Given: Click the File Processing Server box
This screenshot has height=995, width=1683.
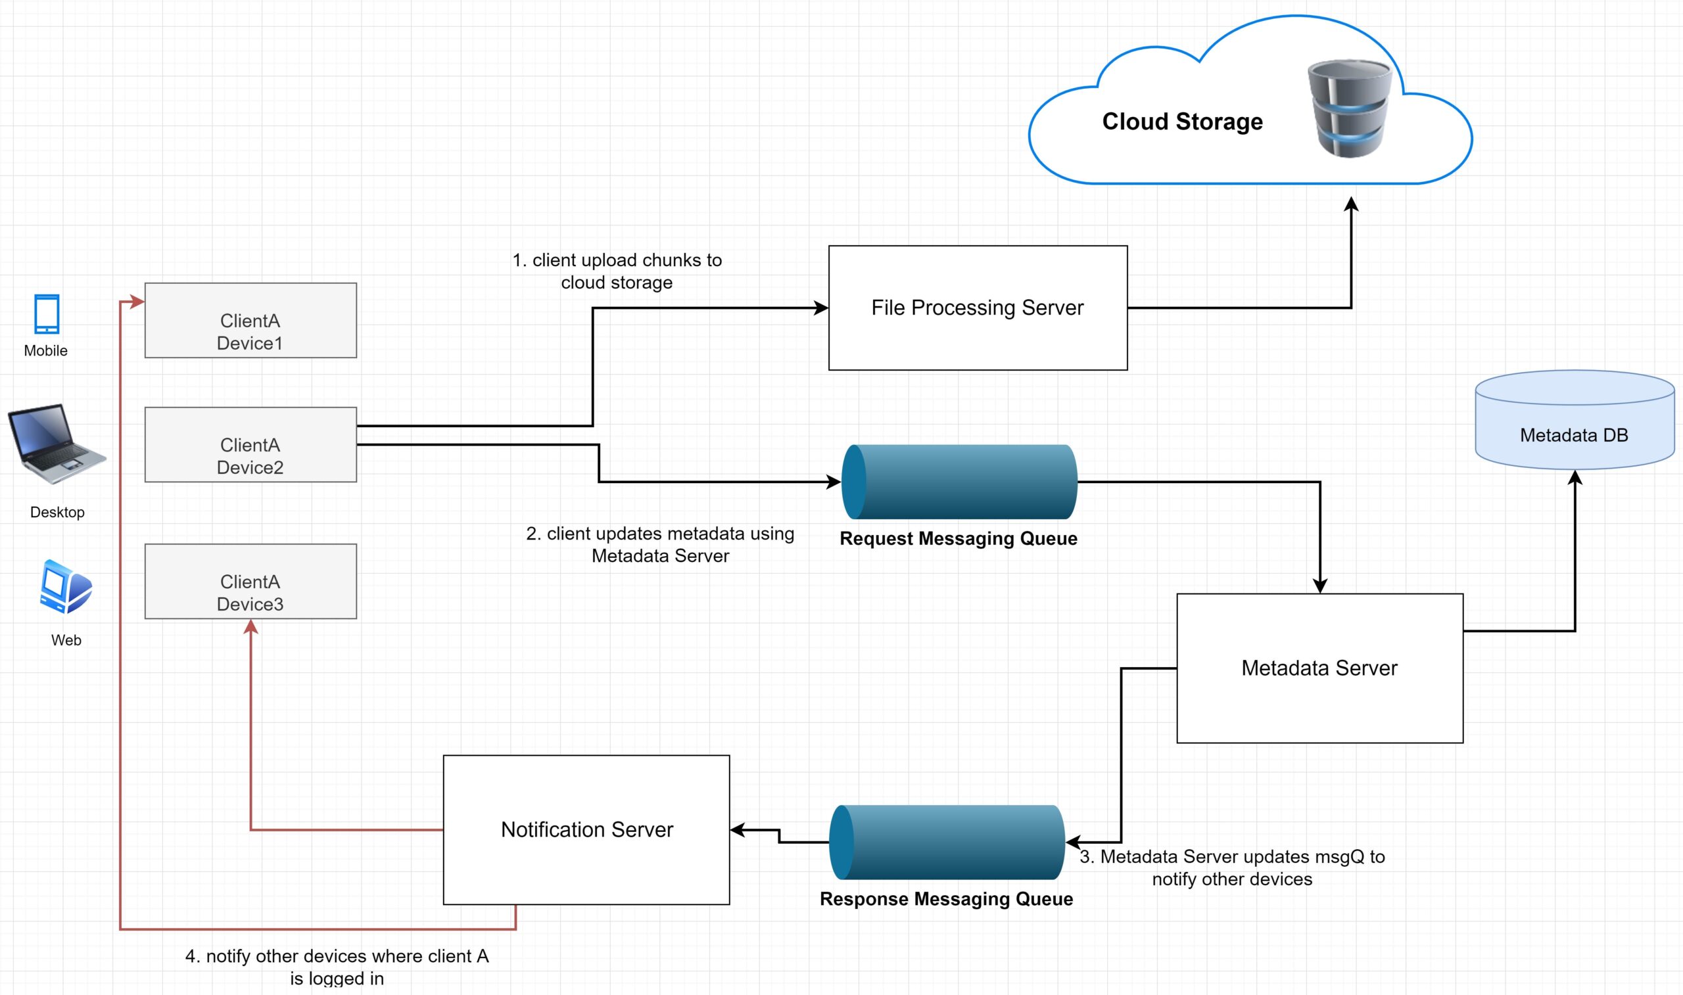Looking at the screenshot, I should [x=978, y=308].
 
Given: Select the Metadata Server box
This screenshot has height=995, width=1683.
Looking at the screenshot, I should [x=1319, y=668].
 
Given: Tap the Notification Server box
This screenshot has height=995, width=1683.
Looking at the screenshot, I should [x=586, y=829].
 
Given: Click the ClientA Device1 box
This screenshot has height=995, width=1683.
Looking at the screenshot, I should [x=250, y=321].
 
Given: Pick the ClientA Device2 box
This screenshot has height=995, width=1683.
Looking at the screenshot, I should [x=250, y=444].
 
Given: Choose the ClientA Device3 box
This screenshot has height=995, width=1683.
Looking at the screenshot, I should [x=250, y=582].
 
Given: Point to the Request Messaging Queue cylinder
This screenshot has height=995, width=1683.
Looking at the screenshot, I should [x=959, y=482].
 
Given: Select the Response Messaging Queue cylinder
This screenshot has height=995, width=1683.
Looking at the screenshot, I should [x=946, y=841].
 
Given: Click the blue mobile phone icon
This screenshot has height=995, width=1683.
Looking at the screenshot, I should [x=47, y=313].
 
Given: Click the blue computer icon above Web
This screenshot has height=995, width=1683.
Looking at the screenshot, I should [x=65, y=587].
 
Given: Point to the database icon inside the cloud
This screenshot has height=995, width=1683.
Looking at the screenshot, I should [x=1349, y=108].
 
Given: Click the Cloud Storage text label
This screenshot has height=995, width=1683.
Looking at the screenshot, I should [x=1182, y=122].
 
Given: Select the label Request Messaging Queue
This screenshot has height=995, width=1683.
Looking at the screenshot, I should [x=958, y=538].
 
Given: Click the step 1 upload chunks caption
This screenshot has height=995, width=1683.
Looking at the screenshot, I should [x=617, y=271].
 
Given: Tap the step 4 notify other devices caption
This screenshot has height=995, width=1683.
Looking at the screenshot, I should [x=337, y=966].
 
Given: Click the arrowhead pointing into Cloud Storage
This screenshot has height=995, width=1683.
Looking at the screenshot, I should [x=1351, y=203].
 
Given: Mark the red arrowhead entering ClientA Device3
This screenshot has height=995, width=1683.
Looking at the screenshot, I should [x=250, y=626].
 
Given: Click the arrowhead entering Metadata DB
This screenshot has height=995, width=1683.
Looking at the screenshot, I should [x=1575, y=476].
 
